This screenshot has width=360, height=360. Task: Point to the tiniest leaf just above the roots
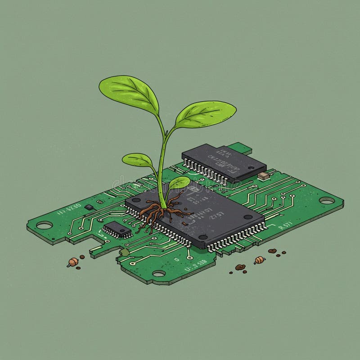[179, 182]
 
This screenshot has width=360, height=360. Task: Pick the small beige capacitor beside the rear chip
[263, 175]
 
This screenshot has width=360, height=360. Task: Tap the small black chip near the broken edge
[117, 229]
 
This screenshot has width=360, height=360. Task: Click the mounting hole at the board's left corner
[44, 225]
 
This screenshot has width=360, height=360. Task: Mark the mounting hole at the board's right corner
[327, 201]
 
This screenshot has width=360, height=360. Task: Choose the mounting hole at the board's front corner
[159, 273]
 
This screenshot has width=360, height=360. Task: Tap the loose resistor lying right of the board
[259, 260]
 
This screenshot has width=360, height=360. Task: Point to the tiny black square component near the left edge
[89, 207]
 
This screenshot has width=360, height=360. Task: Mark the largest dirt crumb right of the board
[240, 267]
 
